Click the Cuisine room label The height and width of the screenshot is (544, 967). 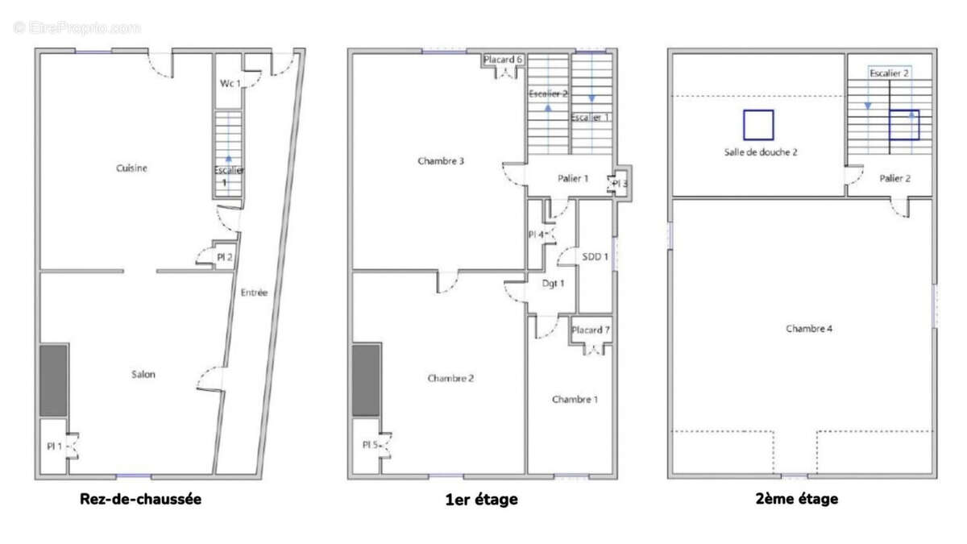tap(132, 168)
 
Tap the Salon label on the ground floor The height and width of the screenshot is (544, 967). tap(143, 374)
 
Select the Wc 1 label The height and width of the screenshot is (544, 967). tap(230, 84)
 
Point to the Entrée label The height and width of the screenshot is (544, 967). tap(254, 293)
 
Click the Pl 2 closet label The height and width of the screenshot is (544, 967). tap(225, 258)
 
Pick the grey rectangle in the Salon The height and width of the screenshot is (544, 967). tap(54, 380)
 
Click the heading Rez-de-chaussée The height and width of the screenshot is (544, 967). tap(140, 499)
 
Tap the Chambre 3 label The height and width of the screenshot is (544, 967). tap(441, 161)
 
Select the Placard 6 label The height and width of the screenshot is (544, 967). tap(504, 60)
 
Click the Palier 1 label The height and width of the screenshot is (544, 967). tap(573, 179)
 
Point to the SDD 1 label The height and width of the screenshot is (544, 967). tap(595, 257)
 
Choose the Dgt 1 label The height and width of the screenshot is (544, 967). tap(552, 283)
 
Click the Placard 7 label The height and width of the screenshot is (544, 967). tap(591, 330)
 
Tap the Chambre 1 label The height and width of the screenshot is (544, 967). tap(575, 400)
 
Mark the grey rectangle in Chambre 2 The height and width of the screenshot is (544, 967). tap(366, 380)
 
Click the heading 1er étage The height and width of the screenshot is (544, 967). tap(481, 500)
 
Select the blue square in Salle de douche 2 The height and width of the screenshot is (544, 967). tap(758, 125)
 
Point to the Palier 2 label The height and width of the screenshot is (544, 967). tap(894, 179)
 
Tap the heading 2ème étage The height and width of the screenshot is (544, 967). tap(796, 499)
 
